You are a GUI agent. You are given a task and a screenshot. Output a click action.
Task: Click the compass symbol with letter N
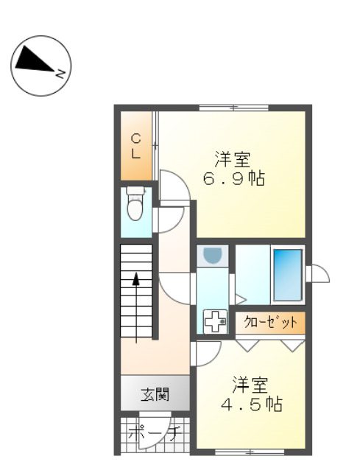pyautogui.click(x=40, y=65)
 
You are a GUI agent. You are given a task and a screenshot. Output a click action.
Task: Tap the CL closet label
pyautogui.click(x=136, y=145)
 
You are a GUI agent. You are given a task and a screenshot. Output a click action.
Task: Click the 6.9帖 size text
pyautogui.click(x=234, y=178)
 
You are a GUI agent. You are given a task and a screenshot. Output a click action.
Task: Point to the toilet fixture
pyautogui.click(x=135, y=204)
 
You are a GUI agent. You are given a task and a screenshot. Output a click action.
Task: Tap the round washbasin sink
pyautogui.click(x=213, y=255)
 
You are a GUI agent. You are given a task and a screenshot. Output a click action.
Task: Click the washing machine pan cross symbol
pyautogui.click(x=215, y=321)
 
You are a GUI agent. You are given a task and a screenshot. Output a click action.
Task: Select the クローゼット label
pyautogui.click(x=269, y=322)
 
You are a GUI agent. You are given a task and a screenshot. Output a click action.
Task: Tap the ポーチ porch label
pyautogui.click(x=155, y=433)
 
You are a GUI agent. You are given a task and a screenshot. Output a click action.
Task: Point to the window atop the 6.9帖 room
pyautogui.click(x=233, y=108)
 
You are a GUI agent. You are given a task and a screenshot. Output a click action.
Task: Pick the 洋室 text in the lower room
pyautogui.click(x=251, y=384)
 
